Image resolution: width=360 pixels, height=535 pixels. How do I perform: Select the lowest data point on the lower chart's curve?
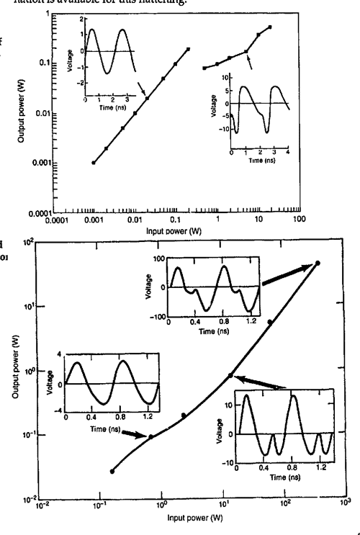(112, 471)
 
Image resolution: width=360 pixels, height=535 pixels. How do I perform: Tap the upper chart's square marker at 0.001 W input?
(93, 163)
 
